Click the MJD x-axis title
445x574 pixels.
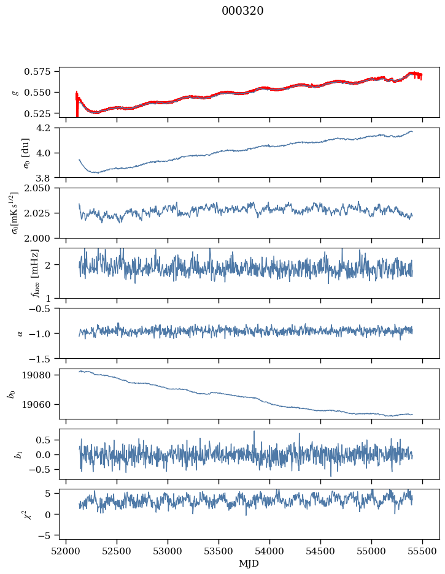click(x=249, y=563)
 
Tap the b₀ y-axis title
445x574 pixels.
click(x=11, y=394)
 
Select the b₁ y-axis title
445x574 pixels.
click(x=18, y=454)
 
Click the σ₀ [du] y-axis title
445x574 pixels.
click(x=25, y=153)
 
